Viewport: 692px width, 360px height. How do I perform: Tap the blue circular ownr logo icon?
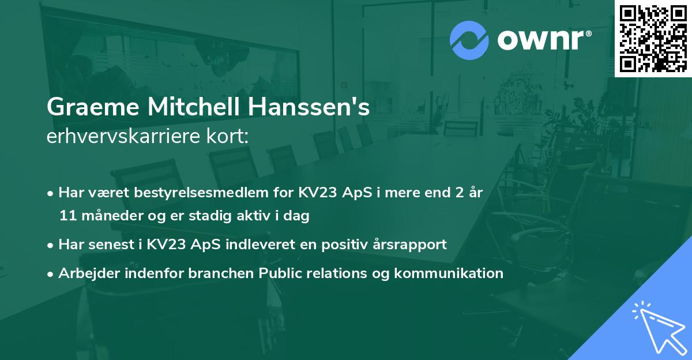469,40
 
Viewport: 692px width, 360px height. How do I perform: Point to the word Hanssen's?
310,107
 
